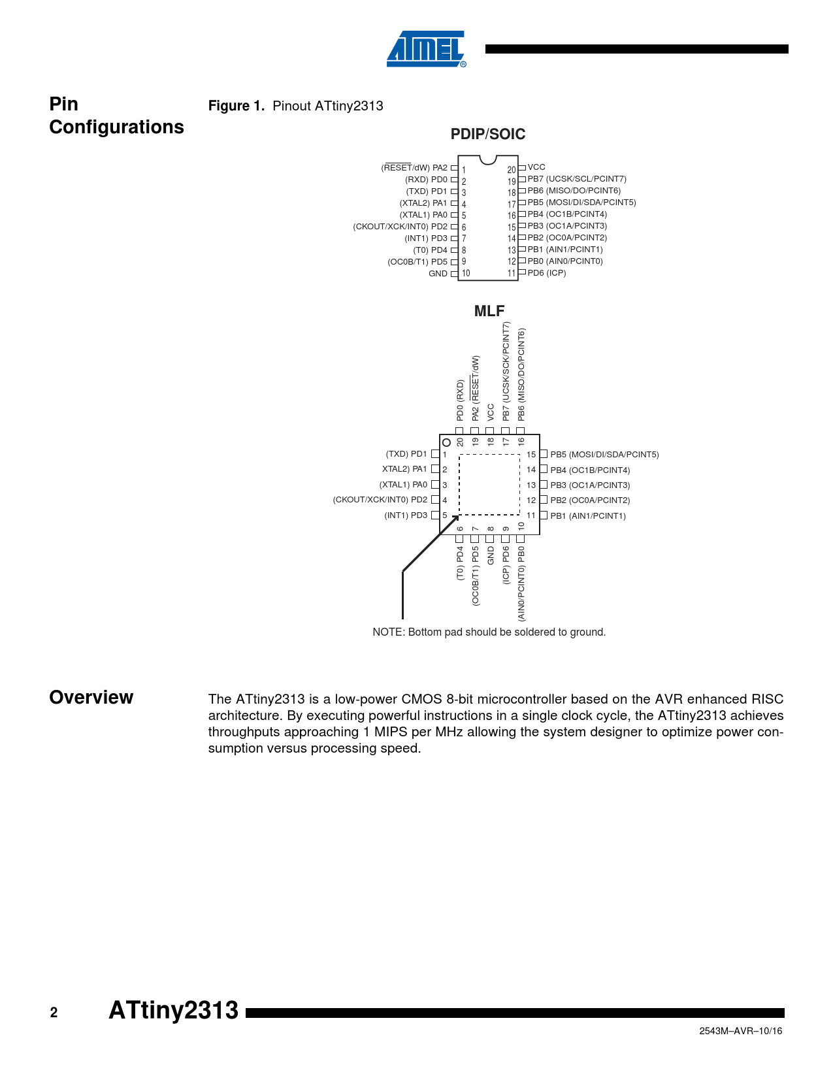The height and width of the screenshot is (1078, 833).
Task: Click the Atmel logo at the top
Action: tap(426, 49)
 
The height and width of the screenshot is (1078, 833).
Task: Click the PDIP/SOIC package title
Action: tap(487, 134)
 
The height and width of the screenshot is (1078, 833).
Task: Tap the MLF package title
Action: tap(489, 311)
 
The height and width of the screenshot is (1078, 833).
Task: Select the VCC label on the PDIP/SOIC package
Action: tap(536, 167)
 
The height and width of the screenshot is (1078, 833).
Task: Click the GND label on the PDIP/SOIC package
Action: tap(438, 274)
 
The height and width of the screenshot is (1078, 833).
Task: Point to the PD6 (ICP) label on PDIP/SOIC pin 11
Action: tap(547, 273)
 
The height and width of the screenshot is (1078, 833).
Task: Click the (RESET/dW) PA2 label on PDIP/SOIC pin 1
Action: tap(414, 168)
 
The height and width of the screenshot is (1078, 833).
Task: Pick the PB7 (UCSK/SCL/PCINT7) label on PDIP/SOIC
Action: tap(577, 179)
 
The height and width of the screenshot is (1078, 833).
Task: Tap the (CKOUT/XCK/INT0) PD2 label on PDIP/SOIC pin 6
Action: tap(400, 227)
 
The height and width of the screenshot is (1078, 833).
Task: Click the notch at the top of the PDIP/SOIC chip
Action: tap(488, 159)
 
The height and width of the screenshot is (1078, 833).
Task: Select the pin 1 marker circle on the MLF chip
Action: tap(447, 442)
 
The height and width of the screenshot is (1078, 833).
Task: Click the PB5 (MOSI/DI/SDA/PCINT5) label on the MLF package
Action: tap(604, 455)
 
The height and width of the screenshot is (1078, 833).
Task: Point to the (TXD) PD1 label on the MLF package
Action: tap(406, 454)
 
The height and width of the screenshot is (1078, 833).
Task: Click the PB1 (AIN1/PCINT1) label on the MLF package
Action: tap(588, 516)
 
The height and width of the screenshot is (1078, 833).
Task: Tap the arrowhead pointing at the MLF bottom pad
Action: tap(456, 518)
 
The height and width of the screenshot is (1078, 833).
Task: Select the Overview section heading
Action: tap(91, 698)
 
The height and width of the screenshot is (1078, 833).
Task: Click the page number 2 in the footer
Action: tap(54, 1013)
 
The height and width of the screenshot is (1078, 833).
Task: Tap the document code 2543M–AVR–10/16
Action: tap(740, 1031)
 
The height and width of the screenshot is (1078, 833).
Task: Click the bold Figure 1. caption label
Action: tap(236, 106)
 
